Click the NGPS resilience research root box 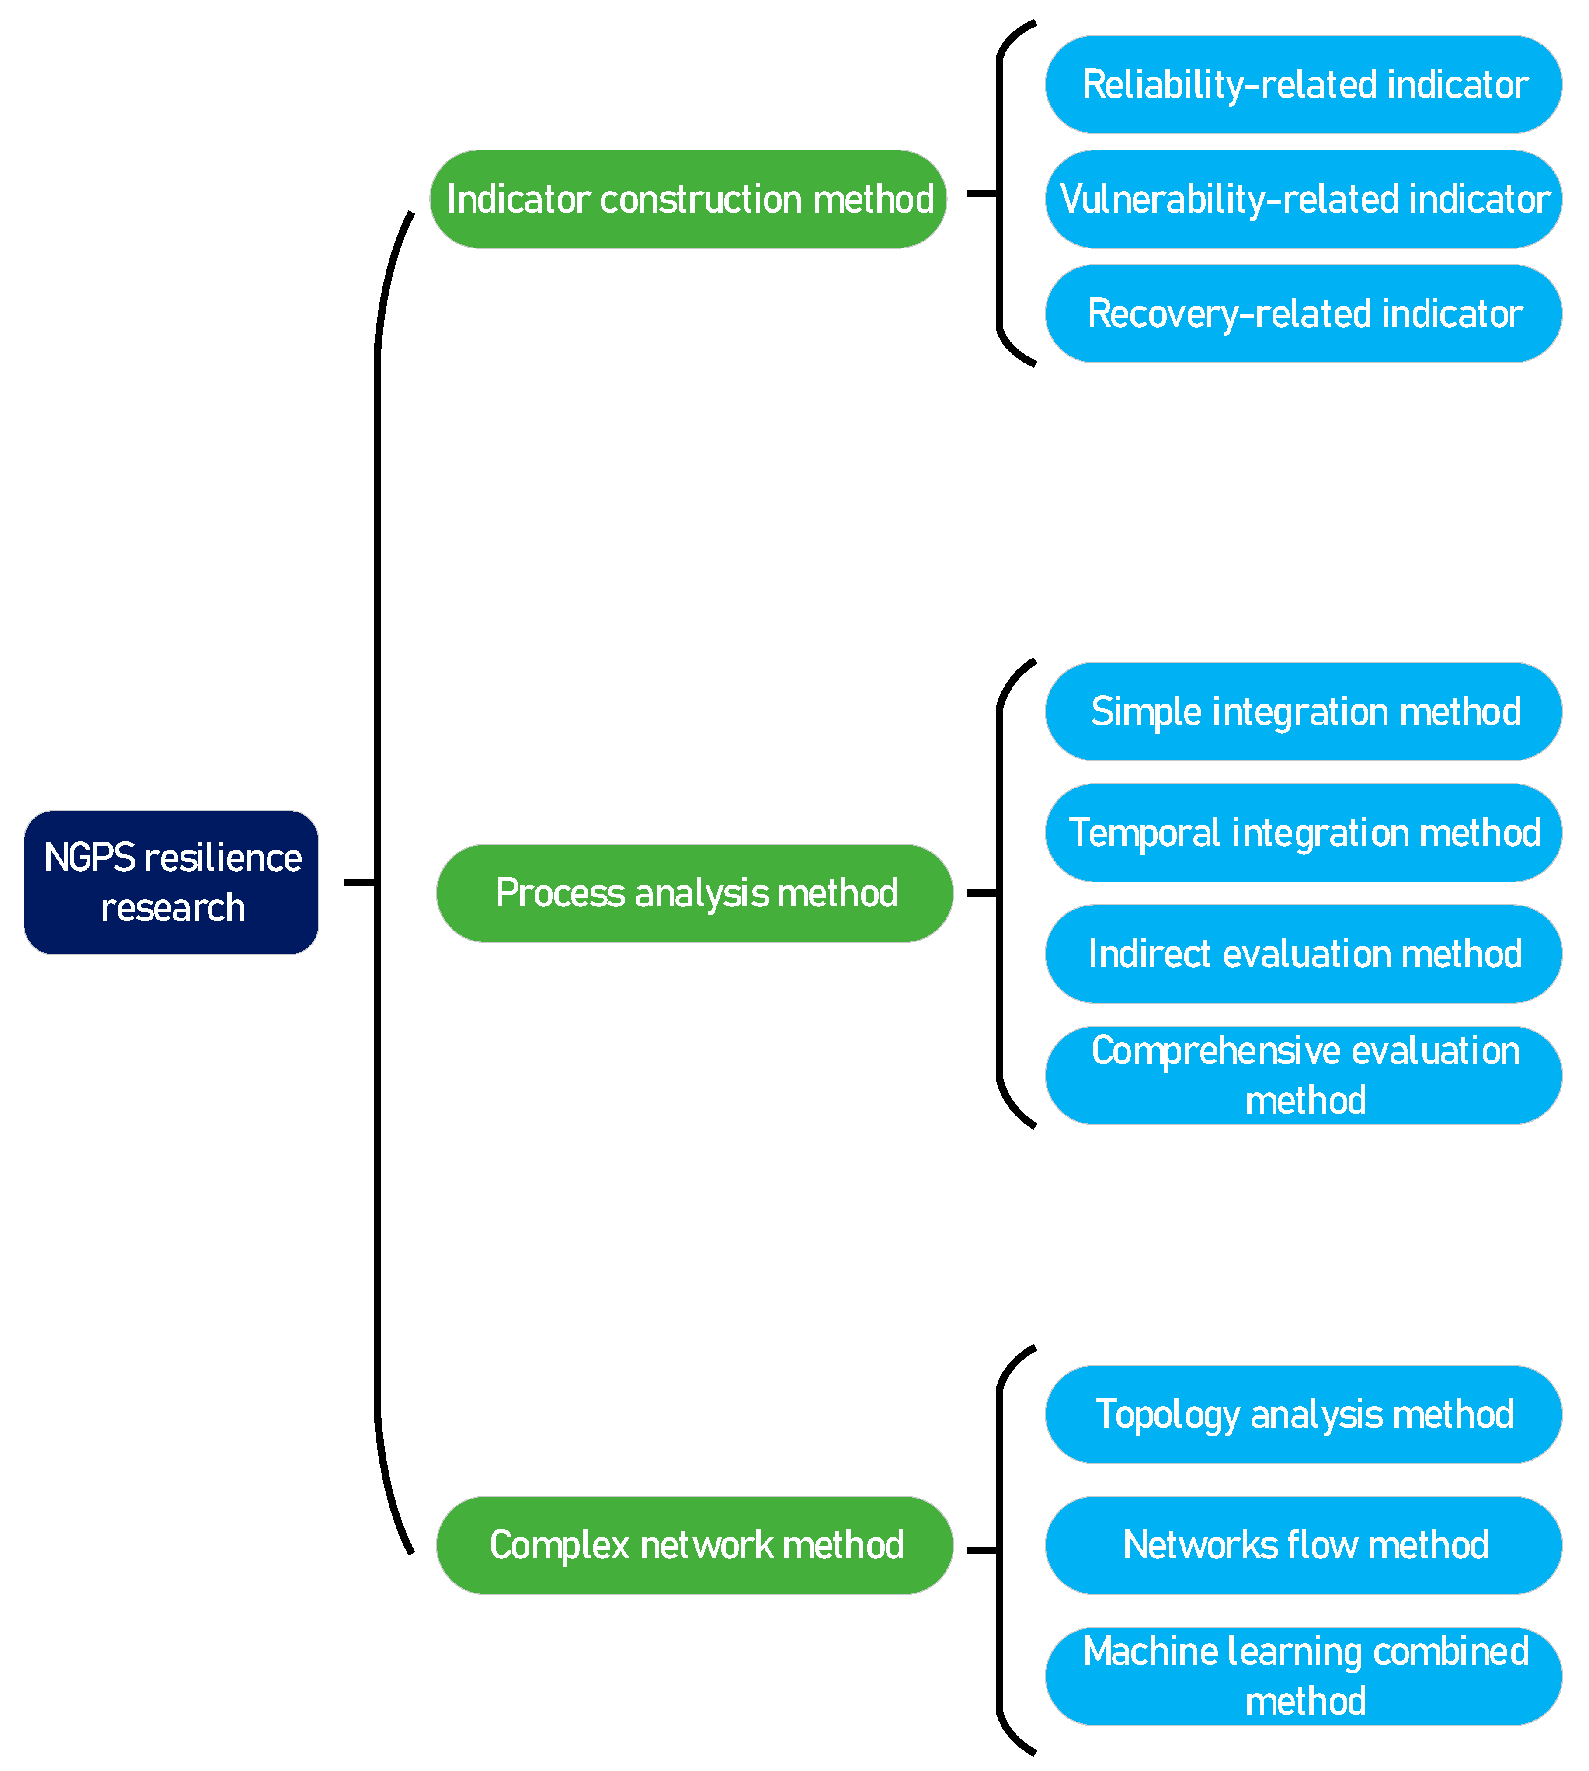(x=171, y=882)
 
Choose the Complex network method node (x=695, y=1545)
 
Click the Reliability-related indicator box (x=1304, y=85)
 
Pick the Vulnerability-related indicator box (x=1304, y=199)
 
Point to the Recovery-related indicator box (x=1304, y=314)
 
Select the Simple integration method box (x=1304, y=712)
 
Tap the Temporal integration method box (x=1304, y=832)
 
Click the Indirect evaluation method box (x=1304, y=954)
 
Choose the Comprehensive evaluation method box (x=1304, y=1075)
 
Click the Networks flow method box (x=1304, y=1545)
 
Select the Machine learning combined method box (x=1304, y=1676)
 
